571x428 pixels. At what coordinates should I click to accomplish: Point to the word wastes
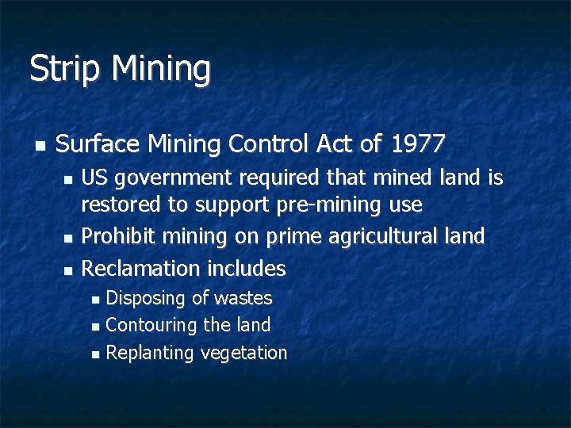[x=243, y=299]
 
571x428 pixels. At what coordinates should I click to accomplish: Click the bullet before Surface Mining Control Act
[x=40, y=146]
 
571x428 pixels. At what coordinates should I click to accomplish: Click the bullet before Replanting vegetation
[x=96, y=353]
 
